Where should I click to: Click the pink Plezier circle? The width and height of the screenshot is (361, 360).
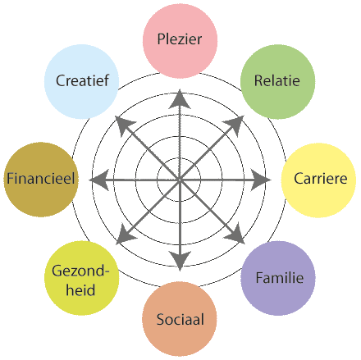(x=180, y=41)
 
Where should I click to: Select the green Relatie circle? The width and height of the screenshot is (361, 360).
(x=278, y=82)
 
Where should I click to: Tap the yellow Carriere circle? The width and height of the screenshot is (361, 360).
(x=318, y=180)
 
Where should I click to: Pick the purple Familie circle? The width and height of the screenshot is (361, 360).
(x=278, y=278)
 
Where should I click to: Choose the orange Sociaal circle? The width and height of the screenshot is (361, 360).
(x=180, y=319)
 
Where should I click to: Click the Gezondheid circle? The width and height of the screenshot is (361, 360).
(x=82, y=278)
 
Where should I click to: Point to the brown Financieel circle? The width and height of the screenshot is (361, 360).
(x=41, y=180)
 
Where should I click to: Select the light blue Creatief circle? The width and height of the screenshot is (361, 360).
(x=81, y=82)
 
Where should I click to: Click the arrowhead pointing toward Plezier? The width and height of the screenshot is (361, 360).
(x=180, y=99)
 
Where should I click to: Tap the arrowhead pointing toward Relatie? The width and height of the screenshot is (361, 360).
(x=235, y=125)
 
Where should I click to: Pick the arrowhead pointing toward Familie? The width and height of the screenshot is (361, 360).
(x=235, y=235)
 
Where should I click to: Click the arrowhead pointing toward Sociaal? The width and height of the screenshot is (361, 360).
(x=180, y=261)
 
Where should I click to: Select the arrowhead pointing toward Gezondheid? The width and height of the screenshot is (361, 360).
(x=126, y=235)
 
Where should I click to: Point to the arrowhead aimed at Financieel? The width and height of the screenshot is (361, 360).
(x=99, y=180)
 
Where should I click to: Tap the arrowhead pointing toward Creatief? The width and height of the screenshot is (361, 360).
(x=125, y=125)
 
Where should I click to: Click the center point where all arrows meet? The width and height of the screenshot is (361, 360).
(x=180, y=180)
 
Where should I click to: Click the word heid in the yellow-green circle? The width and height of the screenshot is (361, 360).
(x=80, y=289)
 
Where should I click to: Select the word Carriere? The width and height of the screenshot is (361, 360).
(x=321, y=179)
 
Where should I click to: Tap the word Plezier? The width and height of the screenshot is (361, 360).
(x=180, y=39)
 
